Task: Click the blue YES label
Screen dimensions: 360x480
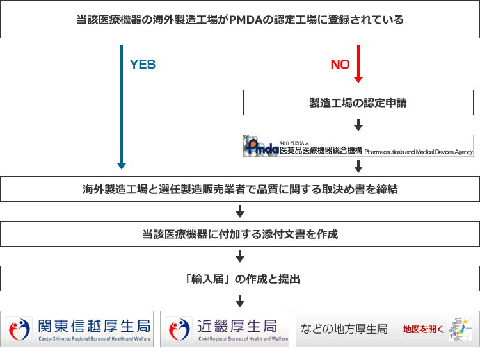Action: (142, 65)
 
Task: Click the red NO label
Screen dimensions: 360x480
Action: (339, 65)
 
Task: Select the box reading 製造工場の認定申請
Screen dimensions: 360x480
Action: (358, 102)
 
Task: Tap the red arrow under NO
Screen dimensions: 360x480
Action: (358, 64)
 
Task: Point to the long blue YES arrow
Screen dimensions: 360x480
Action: (122, 109)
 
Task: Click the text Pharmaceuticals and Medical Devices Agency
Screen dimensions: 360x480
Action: (419, 152)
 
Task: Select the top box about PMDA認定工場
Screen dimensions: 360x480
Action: (240, 20)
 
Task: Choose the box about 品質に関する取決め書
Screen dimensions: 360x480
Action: (240, 190)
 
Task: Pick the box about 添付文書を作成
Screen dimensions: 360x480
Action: (240, 234)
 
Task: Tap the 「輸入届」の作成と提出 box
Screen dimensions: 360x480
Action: (240, 279)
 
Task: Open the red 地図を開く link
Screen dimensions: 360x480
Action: (423, 329)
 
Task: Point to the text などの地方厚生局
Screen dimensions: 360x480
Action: (344, 329)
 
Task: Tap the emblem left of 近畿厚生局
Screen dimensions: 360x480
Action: (179, 329)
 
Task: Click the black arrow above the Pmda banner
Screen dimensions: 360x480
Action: (358, 124)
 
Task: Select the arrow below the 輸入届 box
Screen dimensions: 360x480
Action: (240, 300)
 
